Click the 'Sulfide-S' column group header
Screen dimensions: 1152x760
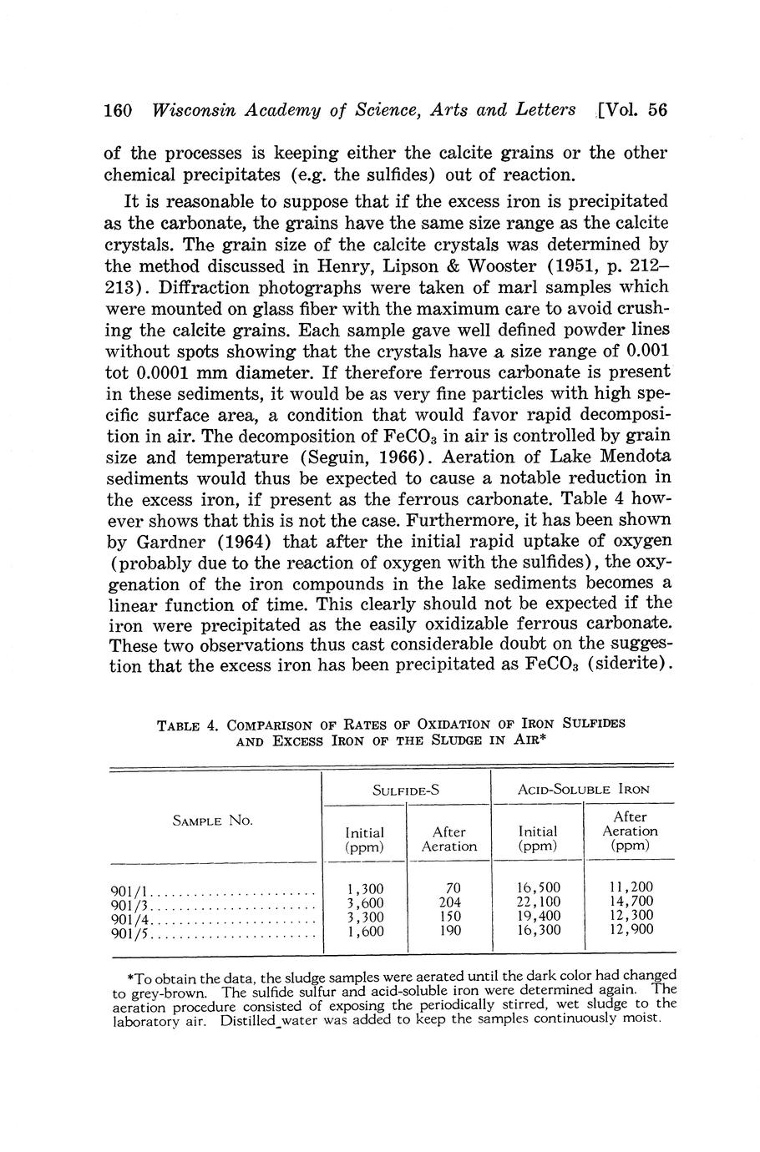[406, 789]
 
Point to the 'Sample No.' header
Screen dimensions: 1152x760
[213, 821]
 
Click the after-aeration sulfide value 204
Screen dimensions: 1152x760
[449, 902]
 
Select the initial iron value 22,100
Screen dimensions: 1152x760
[539, 902]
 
